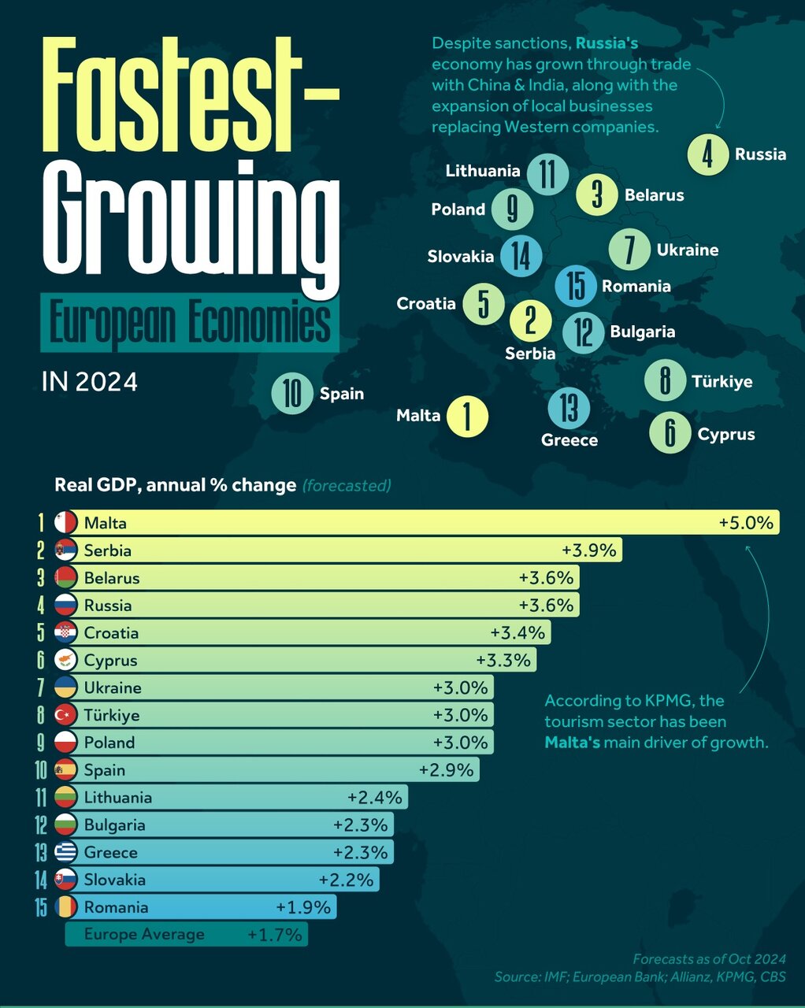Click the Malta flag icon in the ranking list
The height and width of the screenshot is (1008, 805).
tap(65, 523)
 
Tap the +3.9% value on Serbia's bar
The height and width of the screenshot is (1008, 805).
tap(588, 550)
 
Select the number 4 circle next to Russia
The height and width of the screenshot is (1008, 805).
tap(707, 154)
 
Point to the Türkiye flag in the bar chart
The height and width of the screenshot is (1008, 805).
tap(65, 715)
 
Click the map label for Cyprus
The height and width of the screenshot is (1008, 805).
tap(725, 434)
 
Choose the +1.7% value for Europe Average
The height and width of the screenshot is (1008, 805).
tap(274, 935)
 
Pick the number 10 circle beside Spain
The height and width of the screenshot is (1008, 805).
tap(292, 394)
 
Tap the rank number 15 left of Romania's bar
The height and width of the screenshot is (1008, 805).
tap(41, 907)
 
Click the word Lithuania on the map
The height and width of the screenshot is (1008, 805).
tap(482, 171)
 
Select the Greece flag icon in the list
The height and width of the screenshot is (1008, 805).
tap(65, 852)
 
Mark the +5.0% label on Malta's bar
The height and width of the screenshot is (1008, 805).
tap(746, 523)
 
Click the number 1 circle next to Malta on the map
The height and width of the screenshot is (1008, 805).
tap(467, 416)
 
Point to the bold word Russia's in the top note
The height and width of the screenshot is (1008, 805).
tap(607, 43)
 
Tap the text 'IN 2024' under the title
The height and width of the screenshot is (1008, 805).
tap(89, 382)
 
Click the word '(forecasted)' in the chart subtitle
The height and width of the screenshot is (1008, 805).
tap(347, 485)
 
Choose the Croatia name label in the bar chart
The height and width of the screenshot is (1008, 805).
tap(111, 633)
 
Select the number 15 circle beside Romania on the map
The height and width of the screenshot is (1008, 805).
tap(576, 285)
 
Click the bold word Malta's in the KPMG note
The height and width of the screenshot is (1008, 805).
tap(572, 742)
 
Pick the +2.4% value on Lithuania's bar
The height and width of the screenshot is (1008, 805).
tap(374, 798)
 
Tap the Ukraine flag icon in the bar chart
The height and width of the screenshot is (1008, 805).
tap(65, 687)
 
